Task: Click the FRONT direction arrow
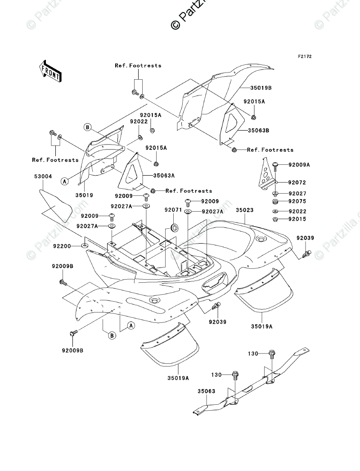(x=50, y=72)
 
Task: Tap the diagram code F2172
(x=304, y=57)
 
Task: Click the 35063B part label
(x=258, y=131)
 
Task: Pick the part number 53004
(x=43, y=177)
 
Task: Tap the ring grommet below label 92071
(x=174, y=226)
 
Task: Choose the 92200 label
(x=63, y=246)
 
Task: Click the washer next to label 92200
(x=84, y=246)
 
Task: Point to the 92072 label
(x=297, y=183)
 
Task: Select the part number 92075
(x=297, y=201)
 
